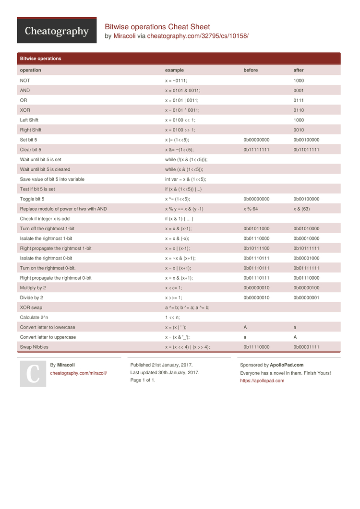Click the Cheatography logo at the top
point(57,31)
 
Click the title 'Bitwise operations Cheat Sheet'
point(157,27)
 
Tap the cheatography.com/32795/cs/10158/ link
point(197,36)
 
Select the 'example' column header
point(174,70)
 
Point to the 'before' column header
point(251,70)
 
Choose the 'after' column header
point(299,70)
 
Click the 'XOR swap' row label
point(31,308)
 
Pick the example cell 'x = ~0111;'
point(176,81)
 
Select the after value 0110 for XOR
point(299,110)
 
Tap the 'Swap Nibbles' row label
point(34,347)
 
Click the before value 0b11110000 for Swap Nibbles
point(256,347)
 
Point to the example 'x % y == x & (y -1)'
point(184,209)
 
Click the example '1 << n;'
point(172,318)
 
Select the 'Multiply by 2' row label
point(33,288)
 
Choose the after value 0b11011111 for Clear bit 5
point(306,150)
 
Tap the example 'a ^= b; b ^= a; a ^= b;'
point(187,308)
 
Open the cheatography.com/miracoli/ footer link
point(78,373)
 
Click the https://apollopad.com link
point(262,381)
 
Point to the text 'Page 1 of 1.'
point(143,380)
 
